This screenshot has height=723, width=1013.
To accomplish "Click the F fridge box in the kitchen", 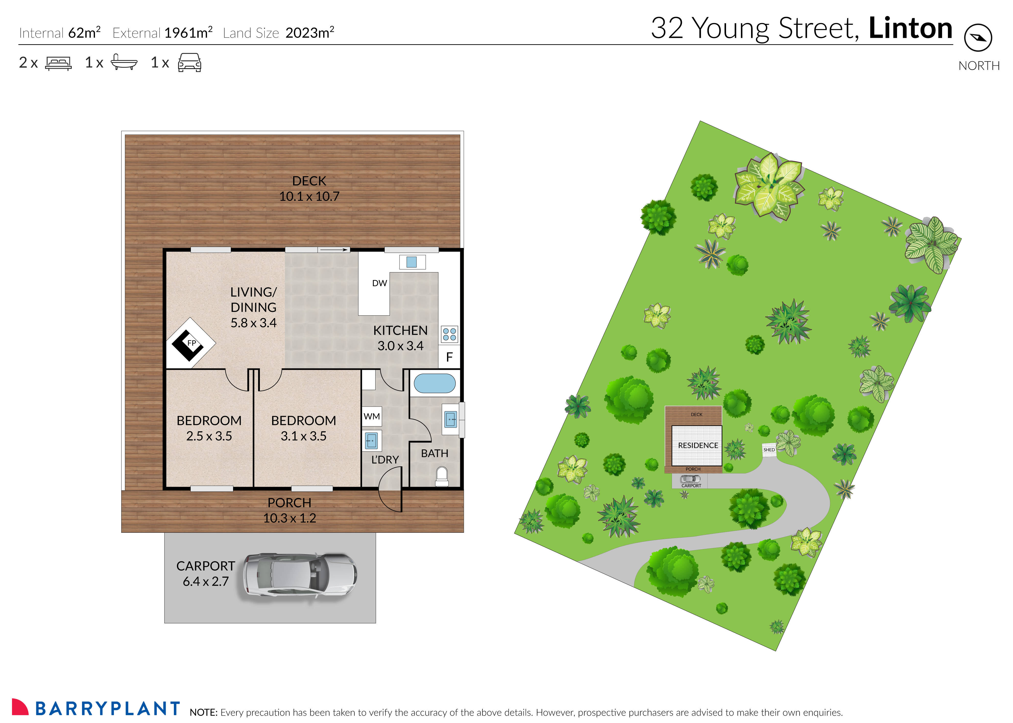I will coord(449,357).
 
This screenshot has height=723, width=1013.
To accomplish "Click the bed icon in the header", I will coord(58,63).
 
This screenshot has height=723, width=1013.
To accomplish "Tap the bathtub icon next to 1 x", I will coord(124,62).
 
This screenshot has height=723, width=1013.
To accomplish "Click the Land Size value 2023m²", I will coord(309,32).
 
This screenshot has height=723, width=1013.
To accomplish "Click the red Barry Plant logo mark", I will coord(20,707).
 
